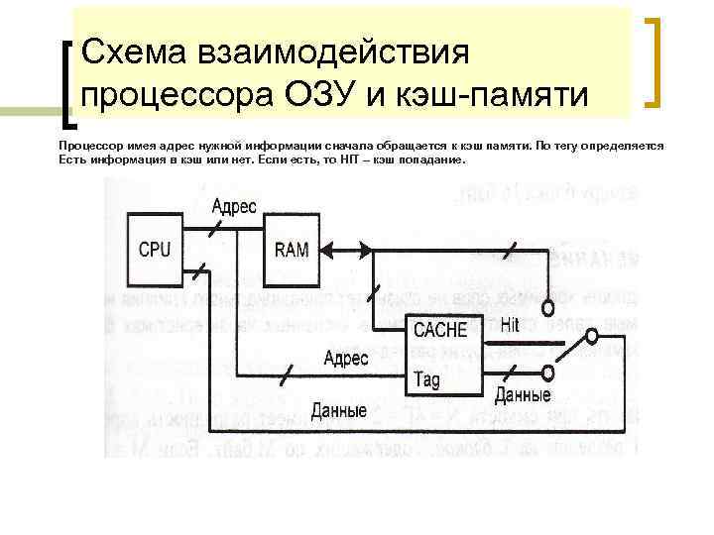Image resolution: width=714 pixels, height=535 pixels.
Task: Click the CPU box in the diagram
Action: click(x=155, y=251)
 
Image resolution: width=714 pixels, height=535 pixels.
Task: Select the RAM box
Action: click(x=293, y=251)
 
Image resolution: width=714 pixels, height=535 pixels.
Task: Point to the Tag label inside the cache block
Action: click(x=427, y=378)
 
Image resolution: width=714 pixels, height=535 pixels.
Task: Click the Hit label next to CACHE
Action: click(x=510, y=324)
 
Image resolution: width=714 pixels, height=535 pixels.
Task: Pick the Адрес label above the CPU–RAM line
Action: click(x=234, y=207)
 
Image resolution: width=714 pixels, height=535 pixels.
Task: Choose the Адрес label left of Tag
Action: click(x=347, y=358)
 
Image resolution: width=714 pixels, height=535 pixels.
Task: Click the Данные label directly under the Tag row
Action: click(x=523, y=395)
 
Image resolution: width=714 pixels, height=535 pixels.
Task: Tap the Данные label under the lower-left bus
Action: click(x=338, y=410)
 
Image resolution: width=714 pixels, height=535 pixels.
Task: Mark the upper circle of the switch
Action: click(x=592, y=338)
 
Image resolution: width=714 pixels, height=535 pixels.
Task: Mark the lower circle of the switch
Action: click(x=548, y=373)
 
